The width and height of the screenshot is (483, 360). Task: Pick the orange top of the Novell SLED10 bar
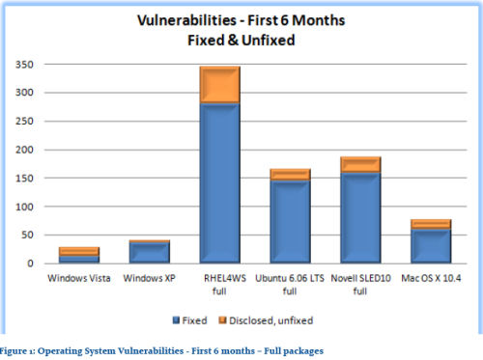[x=360, y=165]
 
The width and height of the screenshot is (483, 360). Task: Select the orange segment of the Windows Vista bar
[x=78, y=251]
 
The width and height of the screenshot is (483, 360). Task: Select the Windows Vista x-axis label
[x=78, y=278]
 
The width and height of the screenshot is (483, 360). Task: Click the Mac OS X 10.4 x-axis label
[x=432, y=278]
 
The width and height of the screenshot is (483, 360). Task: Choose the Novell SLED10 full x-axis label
[x=360, y=284]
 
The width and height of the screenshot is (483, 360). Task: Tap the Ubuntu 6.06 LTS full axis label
[x=290, y=284]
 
